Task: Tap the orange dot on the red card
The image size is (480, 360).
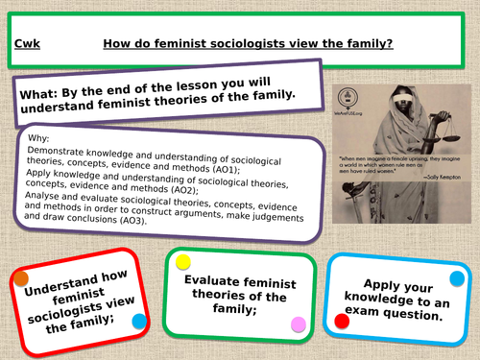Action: pyautogui.click(x=20, y=279)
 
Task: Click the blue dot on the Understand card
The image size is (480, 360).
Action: pyautogui.click(x=138, y=321)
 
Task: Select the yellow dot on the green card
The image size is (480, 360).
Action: pyautogui.click(x=180, y=262)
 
